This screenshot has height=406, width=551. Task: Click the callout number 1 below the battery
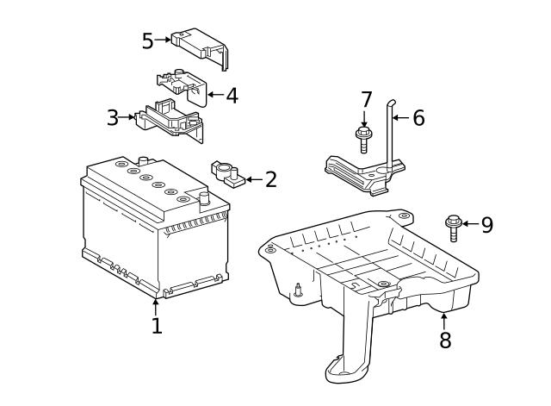coord(157,326)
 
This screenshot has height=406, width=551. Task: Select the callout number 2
coord(271,179)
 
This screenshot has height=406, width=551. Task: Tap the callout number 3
coord(113,117)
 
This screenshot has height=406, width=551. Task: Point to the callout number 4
coord(232,96)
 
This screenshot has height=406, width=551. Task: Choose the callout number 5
coord(148,41)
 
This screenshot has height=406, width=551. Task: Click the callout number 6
coord(418,118)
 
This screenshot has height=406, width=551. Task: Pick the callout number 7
coord(366,100)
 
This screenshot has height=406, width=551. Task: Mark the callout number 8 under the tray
coord(445,340)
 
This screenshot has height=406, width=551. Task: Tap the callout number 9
coord(487,225)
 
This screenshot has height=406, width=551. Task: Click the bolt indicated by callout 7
coord(363,140)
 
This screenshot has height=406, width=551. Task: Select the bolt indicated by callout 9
coord(454,228)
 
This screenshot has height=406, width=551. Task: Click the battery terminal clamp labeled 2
coord(228,173)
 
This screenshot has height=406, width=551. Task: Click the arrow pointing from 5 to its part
coord(163,40)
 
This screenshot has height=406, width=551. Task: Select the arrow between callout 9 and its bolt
coord(471,223)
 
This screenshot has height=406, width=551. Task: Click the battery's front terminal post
coord(204,199)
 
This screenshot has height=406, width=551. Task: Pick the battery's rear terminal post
coord(144,161)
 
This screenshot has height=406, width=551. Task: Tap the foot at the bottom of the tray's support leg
coord(346,370)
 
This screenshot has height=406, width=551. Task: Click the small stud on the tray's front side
coord(299,290)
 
